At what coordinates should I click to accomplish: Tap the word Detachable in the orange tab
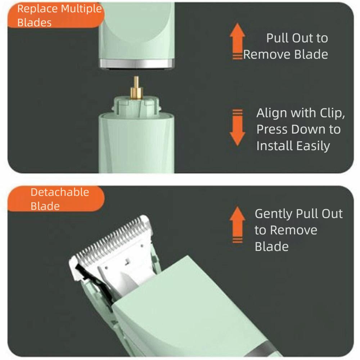[60, 192]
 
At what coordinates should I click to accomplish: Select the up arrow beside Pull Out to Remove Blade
[237, 41]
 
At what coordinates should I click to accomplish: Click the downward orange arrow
[237, 127]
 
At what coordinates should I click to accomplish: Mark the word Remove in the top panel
[267, 55]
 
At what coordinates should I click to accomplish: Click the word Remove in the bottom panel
[294, 230]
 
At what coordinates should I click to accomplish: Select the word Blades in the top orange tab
[35, 23]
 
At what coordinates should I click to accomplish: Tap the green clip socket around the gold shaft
[136, 105]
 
